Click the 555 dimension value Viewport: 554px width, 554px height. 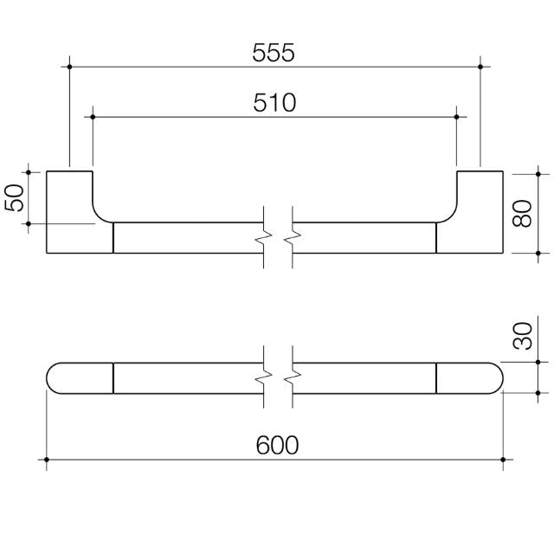274,52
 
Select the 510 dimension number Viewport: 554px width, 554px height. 274,103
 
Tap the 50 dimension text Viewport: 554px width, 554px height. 15,197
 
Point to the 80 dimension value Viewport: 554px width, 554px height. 521,212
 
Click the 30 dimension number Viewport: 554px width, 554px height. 521,337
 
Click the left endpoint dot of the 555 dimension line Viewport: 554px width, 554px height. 69,66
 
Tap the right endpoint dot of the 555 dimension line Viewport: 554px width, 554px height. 480,66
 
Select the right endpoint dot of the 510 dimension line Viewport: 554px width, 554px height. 457,115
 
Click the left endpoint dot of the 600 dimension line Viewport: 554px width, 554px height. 47,459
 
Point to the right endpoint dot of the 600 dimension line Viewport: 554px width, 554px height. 502,459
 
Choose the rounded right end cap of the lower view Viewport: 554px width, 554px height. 469,377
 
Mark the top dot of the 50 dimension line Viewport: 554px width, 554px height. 28,171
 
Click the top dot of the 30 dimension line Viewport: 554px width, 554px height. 538,362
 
